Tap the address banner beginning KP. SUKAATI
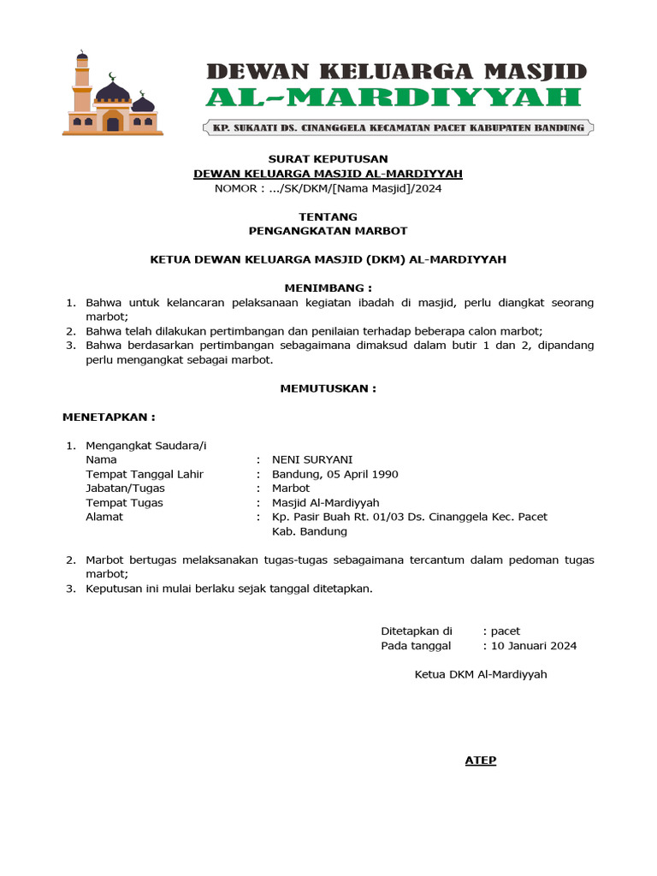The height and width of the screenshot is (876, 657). (398, 128)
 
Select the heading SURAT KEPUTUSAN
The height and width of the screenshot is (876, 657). (328, 159)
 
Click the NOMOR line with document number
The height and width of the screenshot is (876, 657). (328, 188)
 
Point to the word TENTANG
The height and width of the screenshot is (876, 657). (328, 216)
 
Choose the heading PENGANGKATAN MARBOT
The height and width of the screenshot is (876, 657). (328, 231)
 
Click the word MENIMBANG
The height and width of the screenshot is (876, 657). (328, 288)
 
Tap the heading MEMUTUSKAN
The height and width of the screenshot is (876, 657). (328, 388)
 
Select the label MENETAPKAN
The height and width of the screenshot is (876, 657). (109, 417)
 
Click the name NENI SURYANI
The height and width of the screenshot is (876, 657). (311, 459)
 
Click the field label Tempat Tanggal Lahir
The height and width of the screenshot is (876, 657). (145, 474)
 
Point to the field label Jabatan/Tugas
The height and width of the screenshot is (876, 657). (125, 488)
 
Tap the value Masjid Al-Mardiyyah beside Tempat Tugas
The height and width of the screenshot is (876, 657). (325, 503)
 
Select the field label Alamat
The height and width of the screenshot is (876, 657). (104, 517)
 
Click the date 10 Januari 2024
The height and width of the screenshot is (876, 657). (534, 646)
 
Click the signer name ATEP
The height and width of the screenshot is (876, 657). (480, 761)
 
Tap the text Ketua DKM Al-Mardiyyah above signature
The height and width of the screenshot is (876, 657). (480, 674)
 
